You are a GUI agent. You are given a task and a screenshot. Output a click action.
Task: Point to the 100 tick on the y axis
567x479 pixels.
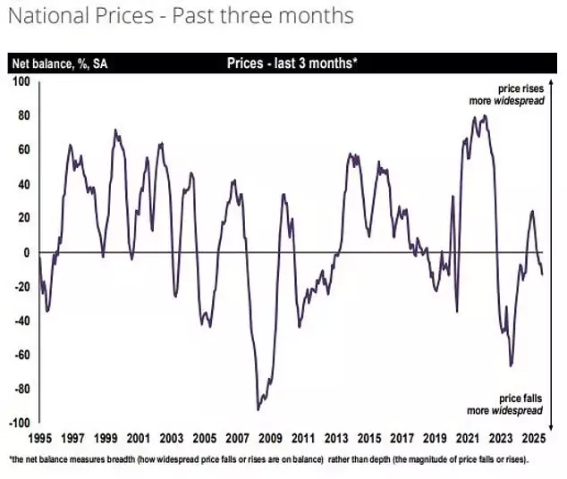[21, 81]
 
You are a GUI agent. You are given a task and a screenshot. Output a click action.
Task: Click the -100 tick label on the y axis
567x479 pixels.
[19, 423]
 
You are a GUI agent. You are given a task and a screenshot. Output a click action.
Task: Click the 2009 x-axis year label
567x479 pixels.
[270, 439]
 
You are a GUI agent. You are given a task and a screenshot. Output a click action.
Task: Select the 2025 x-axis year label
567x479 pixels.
[534, 439]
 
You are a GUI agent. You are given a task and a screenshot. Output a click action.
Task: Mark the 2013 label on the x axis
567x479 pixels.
[336, 439]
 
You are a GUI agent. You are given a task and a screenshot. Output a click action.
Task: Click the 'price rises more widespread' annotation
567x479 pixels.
[520, 95]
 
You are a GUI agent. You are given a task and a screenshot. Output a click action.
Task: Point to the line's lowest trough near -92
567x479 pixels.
[258, 409]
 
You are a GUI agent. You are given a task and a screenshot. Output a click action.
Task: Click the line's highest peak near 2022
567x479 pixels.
[485, 115]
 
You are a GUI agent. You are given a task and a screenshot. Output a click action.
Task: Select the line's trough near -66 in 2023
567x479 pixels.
[511, 366]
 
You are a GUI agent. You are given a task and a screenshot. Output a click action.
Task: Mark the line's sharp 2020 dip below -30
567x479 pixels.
[457, 311]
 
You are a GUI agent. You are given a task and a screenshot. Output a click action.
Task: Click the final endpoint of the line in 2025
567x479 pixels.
[542, 273]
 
